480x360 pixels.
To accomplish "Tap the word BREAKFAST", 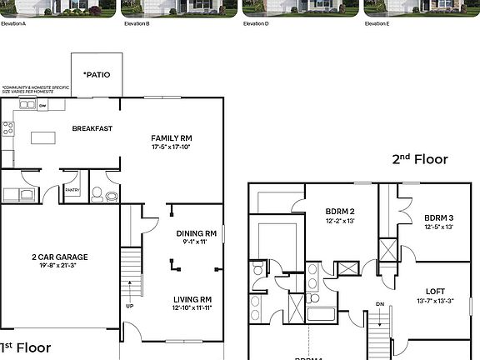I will point(92,128).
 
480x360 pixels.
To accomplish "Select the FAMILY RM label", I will point(171,137).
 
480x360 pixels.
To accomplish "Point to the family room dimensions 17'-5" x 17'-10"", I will point(171,147).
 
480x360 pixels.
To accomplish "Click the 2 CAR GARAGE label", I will point(60,257).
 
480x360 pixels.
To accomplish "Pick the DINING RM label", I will point(197,233).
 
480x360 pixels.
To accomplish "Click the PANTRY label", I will point(72,190).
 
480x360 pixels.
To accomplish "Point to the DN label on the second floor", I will point(380,304).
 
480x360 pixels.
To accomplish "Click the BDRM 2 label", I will point(340,211).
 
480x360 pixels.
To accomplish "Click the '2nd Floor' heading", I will point(420,159).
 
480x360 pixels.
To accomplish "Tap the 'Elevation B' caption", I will point(137,24).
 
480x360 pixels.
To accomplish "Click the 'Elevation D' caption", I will point(256,24).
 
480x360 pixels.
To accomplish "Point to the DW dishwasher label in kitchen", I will point(41,106).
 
